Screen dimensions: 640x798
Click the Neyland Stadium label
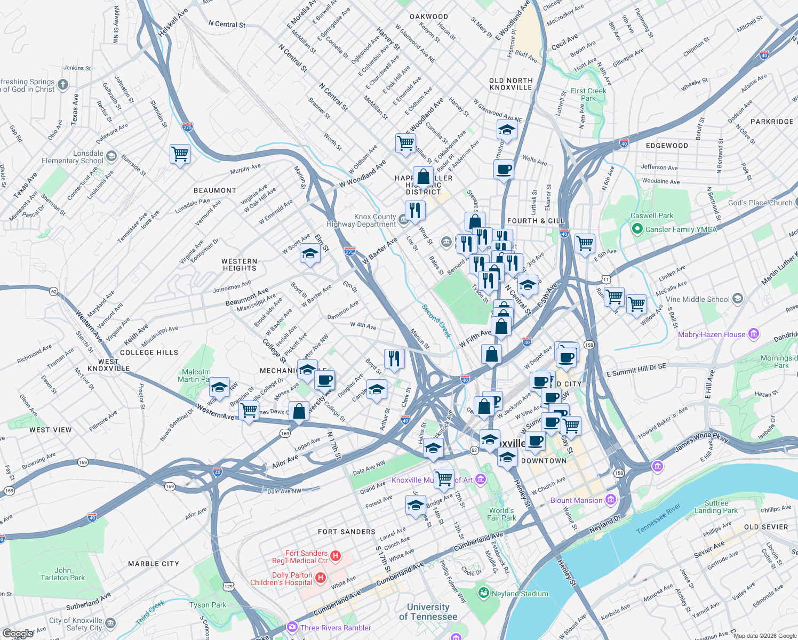tap(520, 594)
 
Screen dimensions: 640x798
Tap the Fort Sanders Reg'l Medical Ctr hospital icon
tap(336, 556)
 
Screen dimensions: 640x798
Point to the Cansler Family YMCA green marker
tap(637, 229)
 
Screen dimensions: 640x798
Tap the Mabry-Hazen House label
tap(712, 334)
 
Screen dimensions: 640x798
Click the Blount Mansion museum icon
tap(611, 500)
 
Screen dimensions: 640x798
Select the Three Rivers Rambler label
tap(336, 628)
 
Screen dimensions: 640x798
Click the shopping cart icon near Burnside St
tap(180, 154)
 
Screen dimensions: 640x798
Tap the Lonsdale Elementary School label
tap(73, 157)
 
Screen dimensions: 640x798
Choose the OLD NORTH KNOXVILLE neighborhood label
tap(510, 84)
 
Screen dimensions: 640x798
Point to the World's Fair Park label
tap(501, 514)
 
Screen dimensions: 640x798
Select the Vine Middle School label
tap(697, 299)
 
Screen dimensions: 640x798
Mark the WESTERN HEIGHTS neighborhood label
tap(240, 265)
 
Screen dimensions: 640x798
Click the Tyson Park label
tap(208, 605)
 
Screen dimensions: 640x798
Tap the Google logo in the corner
tap(18, 634)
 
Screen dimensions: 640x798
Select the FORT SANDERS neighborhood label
tap(346, 532)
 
